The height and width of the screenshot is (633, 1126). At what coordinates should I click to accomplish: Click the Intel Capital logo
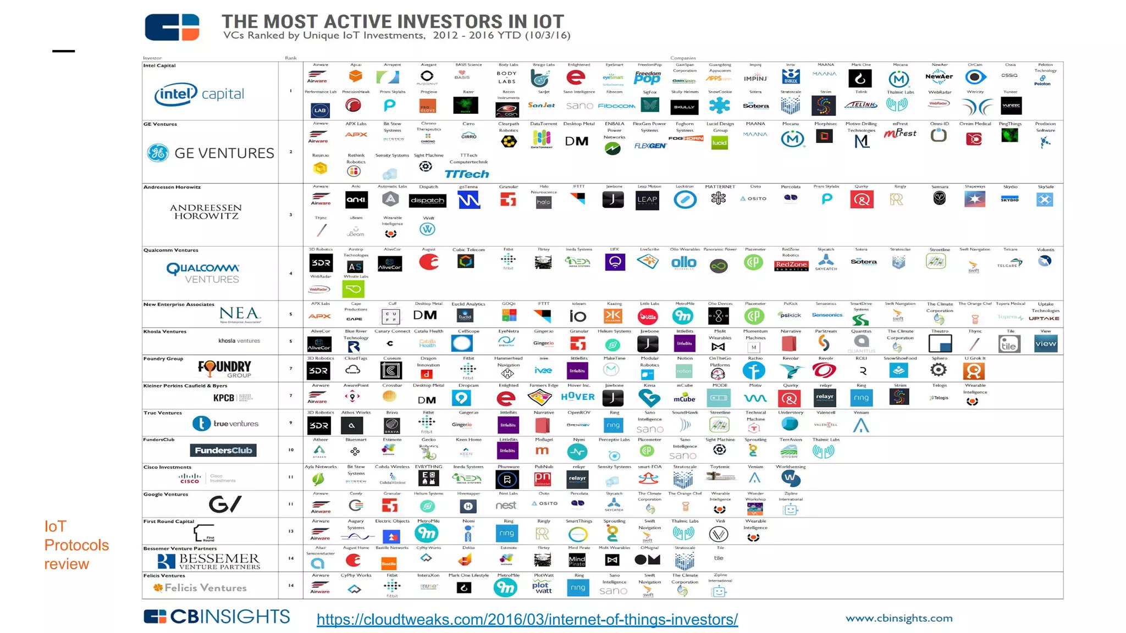[x=199, y=95]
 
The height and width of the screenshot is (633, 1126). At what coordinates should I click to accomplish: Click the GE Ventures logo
[x=211, y=153]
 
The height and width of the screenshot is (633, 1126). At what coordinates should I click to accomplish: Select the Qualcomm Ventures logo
[x=203, y=273]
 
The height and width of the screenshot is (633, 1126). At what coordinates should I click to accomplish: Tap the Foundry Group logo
[x=225, y=369]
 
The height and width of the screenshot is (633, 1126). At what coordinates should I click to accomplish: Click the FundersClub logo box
[x=223, y=451]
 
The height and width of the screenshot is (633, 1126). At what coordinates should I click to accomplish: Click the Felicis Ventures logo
[x=200, y=588]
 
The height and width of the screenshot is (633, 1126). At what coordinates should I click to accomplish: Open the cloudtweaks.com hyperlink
[x=527, y=619]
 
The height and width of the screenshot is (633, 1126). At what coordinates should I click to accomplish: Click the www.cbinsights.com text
[x=899, y=618]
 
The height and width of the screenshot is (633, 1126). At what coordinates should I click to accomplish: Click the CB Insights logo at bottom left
[x=217, y=617]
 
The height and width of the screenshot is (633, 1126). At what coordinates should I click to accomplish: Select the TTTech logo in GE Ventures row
[x=466, y=174]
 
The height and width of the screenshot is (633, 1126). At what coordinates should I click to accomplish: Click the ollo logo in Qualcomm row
[x=684, y=263]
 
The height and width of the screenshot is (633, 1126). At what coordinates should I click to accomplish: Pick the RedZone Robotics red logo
[x=791, y=265]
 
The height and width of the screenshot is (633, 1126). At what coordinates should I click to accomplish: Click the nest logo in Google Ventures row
[x=506, y=505]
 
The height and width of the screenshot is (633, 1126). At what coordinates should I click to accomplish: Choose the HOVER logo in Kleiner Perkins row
[x=578, y=397]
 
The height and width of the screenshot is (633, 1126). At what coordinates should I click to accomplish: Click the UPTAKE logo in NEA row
[x=1044, y=318]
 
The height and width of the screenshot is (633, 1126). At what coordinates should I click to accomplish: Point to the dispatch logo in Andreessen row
[x=427, y=201]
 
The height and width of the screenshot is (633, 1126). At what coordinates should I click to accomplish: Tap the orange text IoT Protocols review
[x=76, y=545]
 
